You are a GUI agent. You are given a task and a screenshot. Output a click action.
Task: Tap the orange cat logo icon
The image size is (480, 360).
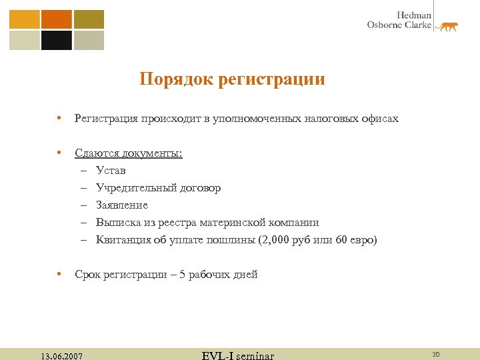click(447, 26)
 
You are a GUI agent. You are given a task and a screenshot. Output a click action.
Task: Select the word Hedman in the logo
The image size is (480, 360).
click(414, 15)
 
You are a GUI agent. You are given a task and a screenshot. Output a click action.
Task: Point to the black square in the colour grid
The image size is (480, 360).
click(56, 41)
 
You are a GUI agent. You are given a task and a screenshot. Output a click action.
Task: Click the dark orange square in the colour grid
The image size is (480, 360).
click(56, 19)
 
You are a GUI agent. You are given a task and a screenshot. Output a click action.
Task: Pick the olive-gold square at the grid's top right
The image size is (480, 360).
click(89, 19)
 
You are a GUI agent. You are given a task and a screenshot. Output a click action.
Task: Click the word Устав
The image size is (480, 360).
click(111, 171)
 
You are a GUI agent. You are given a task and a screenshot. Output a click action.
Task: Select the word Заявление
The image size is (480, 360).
click(122, 205)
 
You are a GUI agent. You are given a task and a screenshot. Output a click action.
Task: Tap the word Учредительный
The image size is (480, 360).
click(135, 188)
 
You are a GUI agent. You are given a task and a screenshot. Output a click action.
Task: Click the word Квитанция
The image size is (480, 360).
click(123, 240)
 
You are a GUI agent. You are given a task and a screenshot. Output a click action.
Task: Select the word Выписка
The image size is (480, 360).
click(118, 223)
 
